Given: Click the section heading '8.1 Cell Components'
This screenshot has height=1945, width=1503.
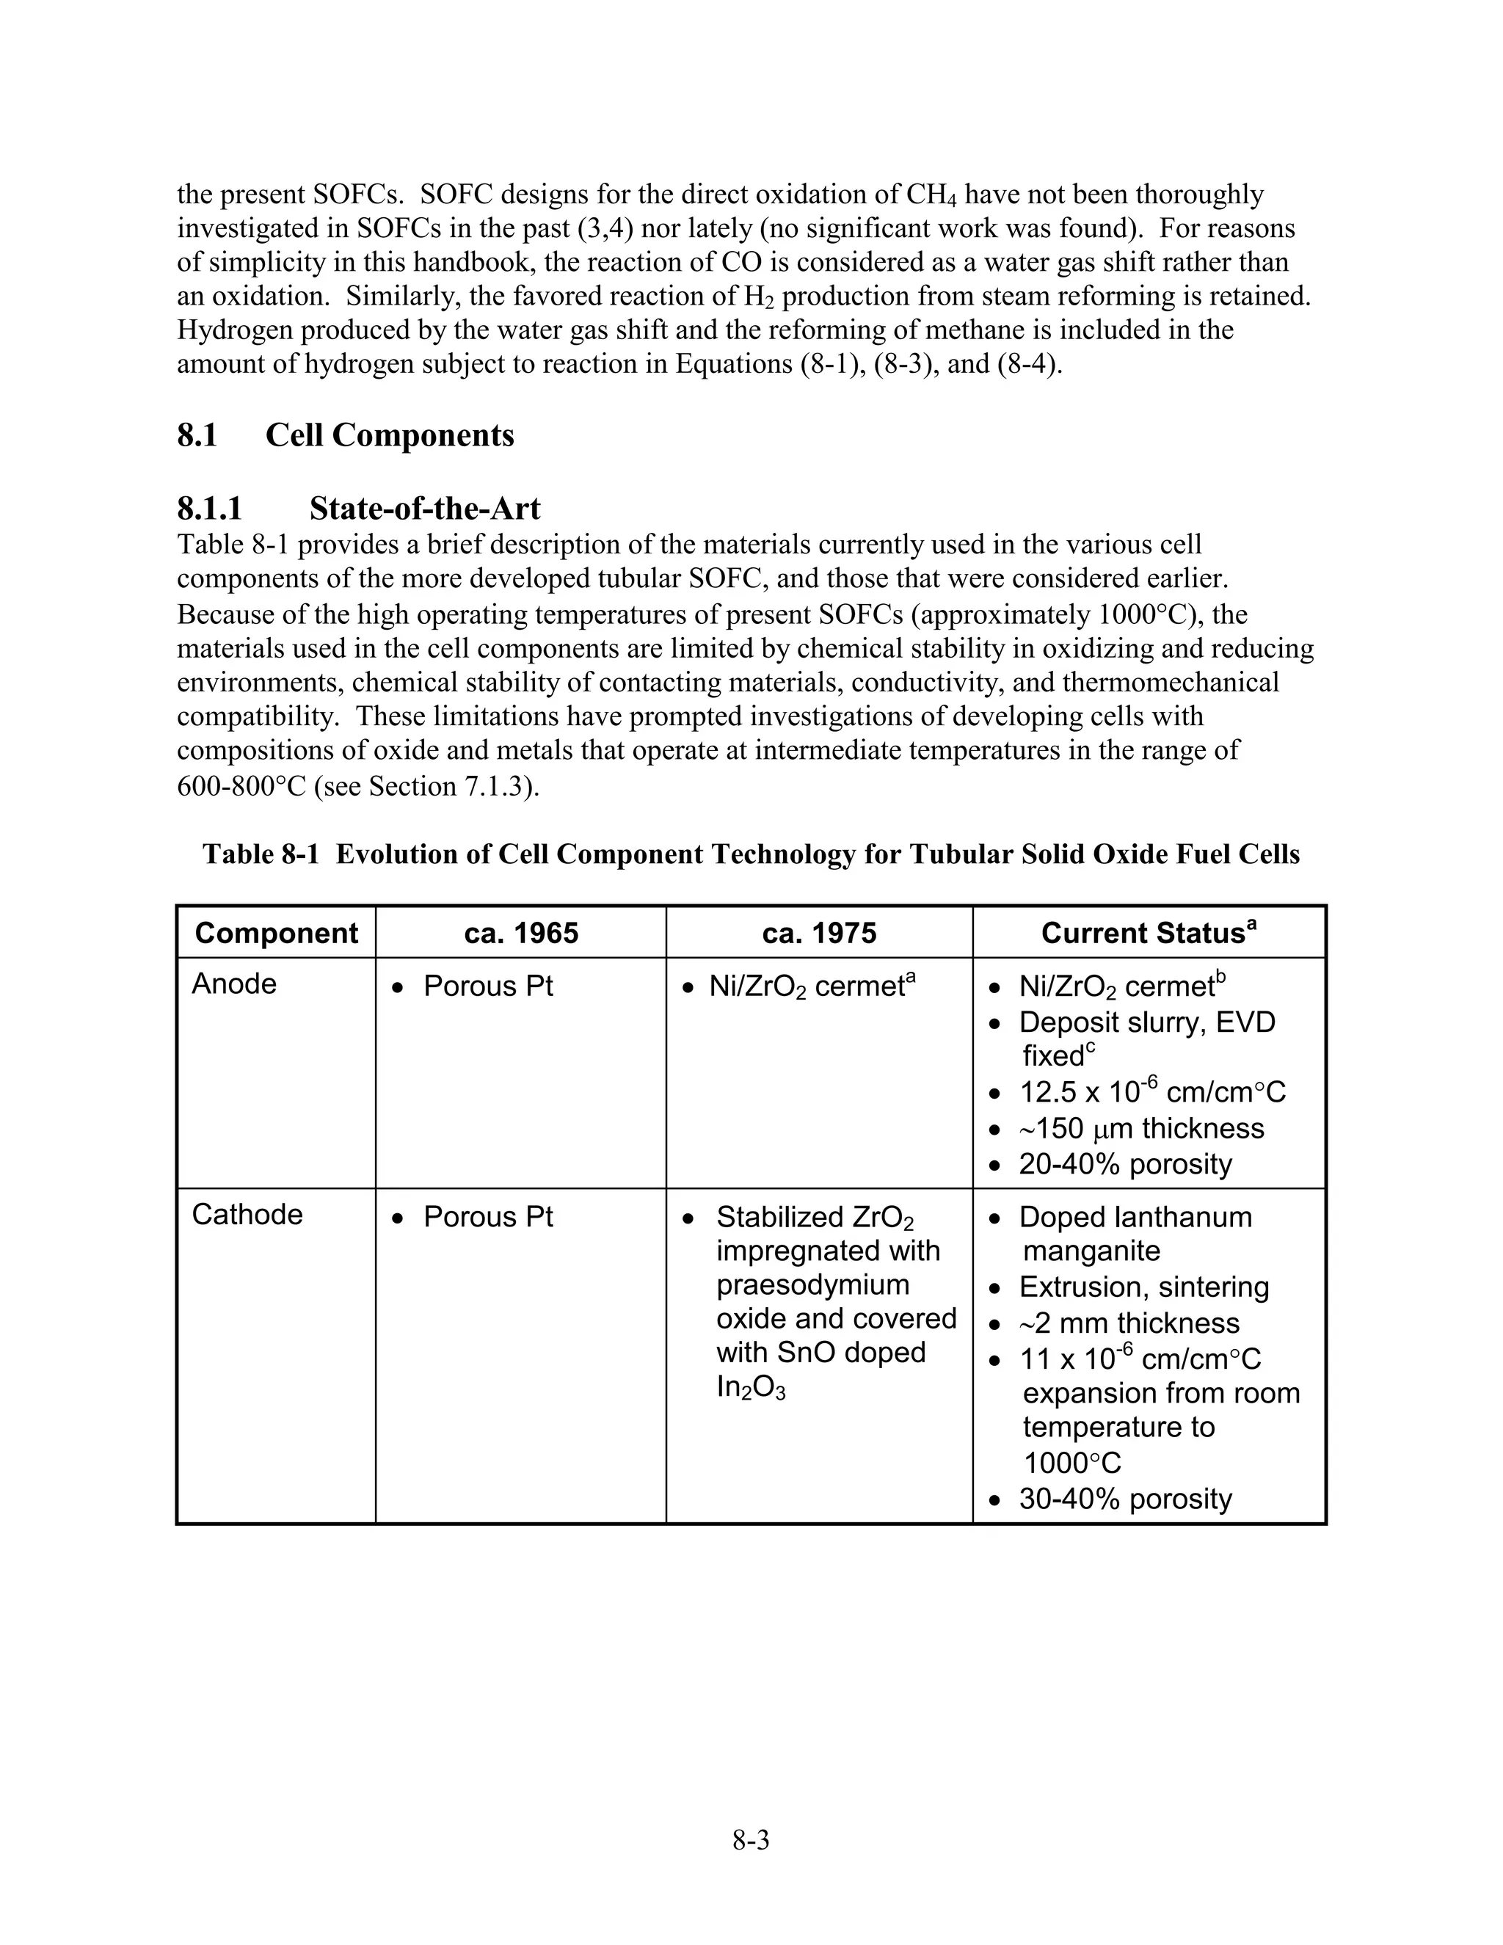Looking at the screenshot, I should (346, 435).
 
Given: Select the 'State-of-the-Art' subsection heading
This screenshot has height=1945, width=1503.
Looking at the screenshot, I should (424, 509).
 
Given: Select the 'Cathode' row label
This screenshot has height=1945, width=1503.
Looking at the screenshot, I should (247, 1215).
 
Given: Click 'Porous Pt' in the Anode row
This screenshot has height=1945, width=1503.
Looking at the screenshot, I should (488, 986).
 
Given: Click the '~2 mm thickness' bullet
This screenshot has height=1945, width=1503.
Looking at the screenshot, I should (1128, 1323).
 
